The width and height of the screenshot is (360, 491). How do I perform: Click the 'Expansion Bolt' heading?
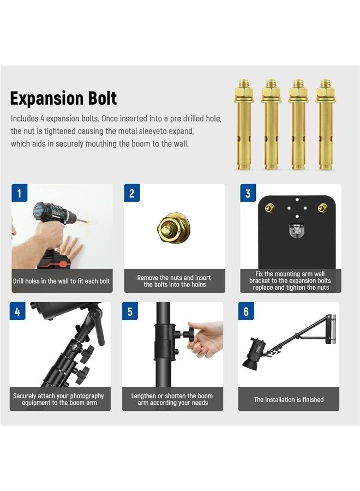tap(63, 98)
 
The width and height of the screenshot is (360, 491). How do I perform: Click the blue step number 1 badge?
tap(20, 193)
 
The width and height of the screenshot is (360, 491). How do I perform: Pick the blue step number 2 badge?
tap(132, 193)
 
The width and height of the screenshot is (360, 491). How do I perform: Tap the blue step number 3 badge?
tap(248, 193)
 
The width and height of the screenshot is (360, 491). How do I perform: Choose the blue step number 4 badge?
tap(17, 312)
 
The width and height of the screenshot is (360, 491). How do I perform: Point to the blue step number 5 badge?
tap(130, 312)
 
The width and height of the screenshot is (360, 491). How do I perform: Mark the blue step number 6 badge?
tap(246, 312)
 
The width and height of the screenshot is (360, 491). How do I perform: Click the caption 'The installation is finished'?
tap(289, 400)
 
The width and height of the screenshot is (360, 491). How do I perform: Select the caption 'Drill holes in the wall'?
tap(62, 282)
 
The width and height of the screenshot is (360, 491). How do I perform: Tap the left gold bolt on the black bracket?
tap(269, 208)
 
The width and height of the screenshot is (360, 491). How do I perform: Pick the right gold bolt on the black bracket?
tap(323, 208)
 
